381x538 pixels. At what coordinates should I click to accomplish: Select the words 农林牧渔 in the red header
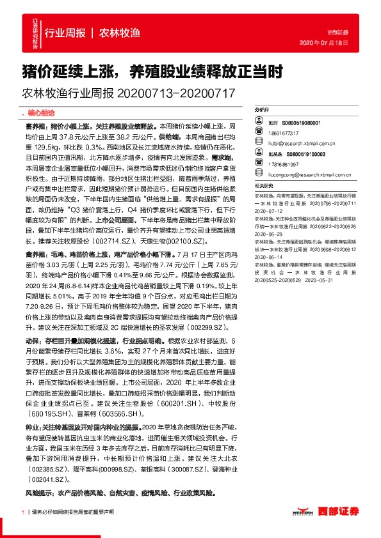point(119,33)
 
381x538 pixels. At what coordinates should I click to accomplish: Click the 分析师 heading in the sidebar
point(261,110)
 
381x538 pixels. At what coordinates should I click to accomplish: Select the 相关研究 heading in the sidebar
point(264,185)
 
